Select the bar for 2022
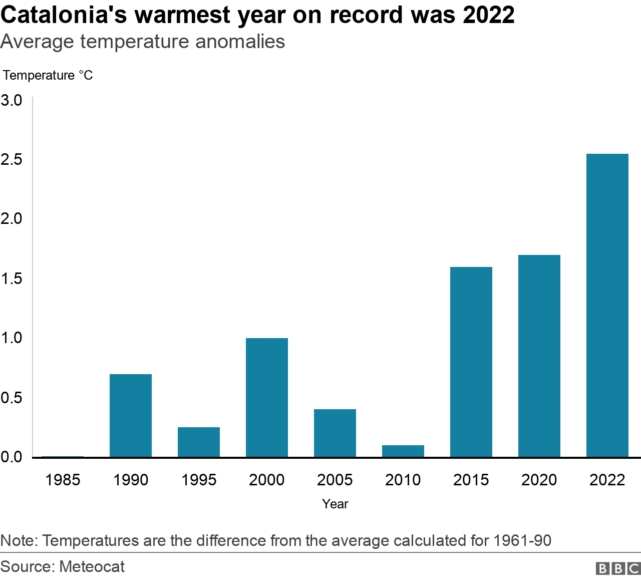point(607,306)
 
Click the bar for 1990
point(131,416)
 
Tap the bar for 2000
point(267,398)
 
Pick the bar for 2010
point(403,451)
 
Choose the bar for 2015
point(471,362)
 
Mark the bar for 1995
point(199,442)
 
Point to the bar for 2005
point(335,433)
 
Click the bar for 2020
point(539,356)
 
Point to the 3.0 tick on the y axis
point(12,100)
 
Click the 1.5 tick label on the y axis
point(12,278)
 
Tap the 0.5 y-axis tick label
point(12,398)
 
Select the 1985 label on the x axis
point(63,480)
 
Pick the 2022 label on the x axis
point(607,480)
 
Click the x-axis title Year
point(335,504)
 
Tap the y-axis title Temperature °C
point(48,75)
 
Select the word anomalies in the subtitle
point(240,42)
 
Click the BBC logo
point(618,568)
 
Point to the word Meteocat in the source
point(92,566)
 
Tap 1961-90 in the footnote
point(522,541)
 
